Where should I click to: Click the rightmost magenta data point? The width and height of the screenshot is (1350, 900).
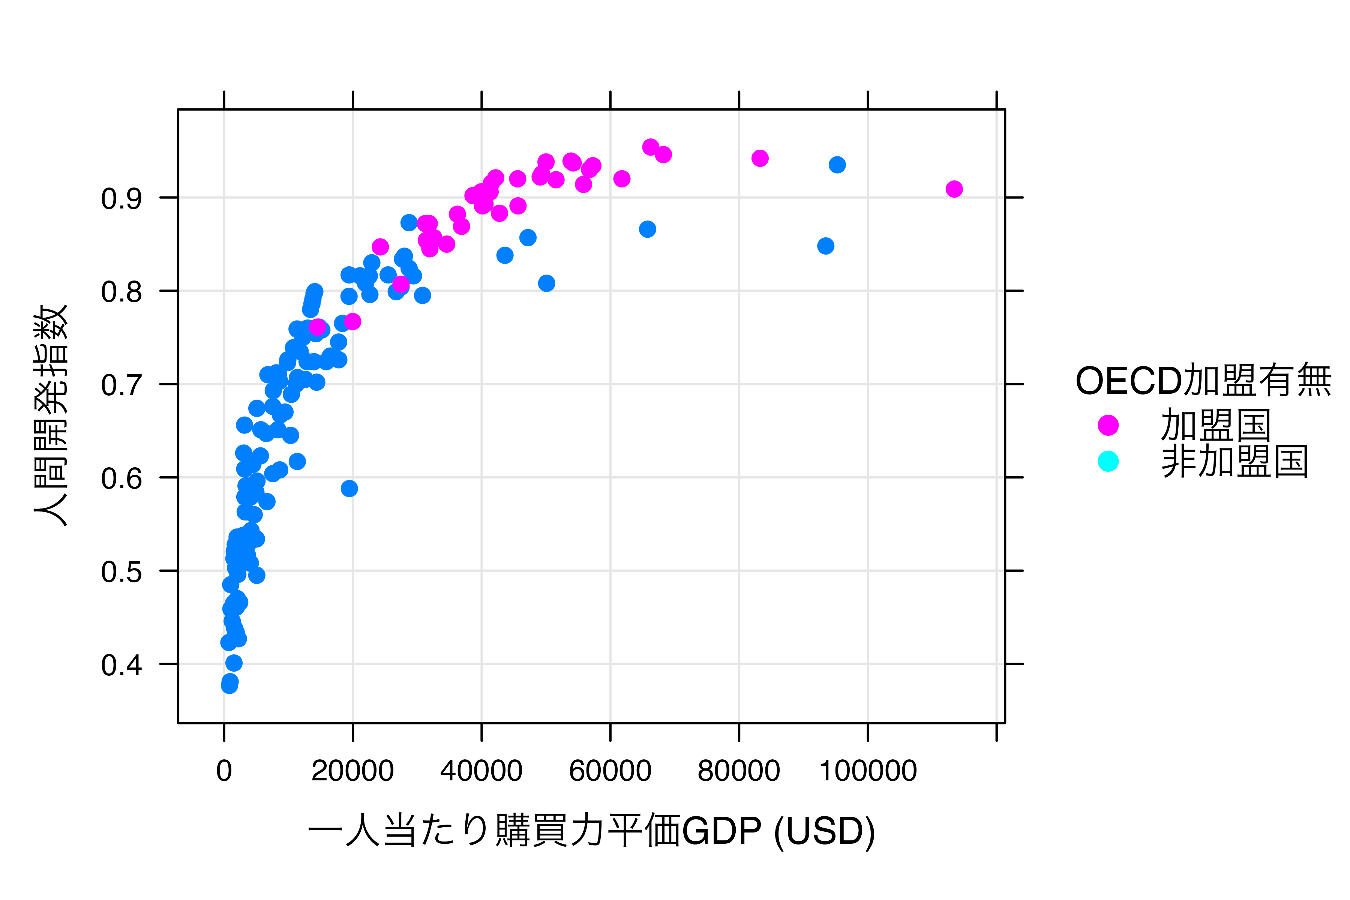pos(954,189)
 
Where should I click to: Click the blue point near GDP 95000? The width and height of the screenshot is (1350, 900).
pos(837,165)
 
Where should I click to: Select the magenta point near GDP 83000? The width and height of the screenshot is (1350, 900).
pos(760,158)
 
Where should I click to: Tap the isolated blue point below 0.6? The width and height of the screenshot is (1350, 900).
pos(349,489)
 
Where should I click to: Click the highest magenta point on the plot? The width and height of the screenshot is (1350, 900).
pos(650,147)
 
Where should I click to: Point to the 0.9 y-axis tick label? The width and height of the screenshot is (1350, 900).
pos(121,199)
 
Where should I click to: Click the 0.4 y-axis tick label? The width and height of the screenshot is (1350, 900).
pos(121,665)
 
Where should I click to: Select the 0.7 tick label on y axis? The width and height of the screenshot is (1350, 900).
pos(121,385)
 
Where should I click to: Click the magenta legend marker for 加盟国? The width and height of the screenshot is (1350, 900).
pos(1108,425)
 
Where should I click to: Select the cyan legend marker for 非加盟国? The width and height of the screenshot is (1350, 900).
pos(1108,461)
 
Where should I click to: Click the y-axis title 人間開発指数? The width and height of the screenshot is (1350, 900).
pos(51,415)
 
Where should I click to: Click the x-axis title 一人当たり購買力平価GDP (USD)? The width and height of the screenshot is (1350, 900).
pos(591,831)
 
